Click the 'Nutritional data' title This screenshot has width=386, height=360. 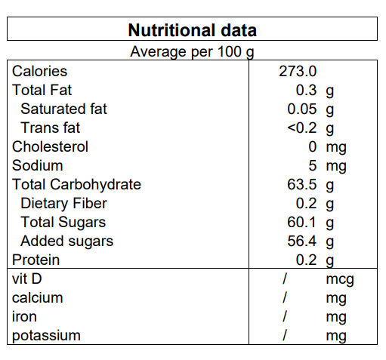point(193,30)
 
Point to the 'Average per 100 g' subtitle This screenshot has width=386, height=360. point(192,52)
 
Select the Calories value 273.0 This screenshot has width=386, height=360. point(298,71)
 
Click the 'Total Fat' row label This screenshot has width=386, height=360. point(42,90)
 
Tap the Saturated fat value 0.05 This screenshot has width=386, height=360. point(302,109)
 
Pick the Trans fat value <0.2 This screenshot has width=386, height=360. point(302,128)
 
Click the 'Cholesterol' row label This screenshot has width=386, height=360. point(50,146)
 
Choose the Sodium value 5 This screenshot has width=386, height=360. point(313,165)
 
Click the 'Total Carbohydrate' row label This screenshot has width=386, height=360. point(76,184)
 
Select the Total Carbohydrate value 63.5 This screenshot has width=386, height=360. point(302,184)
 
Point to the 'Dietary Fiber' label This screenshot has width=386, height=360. point(63,203)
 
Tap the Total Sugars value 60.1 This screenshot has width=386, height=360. point(301,222)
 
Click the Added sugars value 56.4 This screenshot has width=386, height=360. point(302,241)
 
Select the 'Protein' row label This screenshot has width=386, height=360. point(36,260)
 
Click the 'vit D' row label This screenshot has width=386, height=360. point(26,278)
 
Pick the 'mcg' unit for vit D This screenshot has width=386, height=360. point(340,279)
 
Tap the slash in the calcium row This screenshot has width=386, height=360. point(285,297)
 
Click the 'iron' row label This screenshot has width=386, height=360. point(24,316)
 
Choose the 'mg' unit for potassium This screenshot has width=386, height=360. point(336,337)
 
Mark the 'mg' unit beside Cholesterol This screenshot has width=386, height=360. point(336,148)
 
